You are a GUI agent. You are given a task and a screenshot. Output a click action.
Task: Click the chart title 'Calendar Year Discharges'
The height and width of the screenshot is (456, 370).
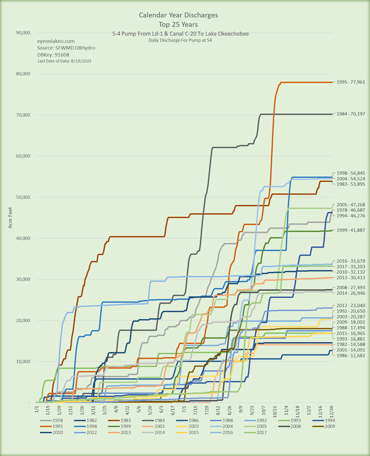click(x=178, y=15)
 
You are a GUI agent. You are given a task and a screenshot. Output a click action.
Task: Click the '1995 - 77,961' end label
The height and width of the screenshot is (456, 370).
click(x=351, y=82)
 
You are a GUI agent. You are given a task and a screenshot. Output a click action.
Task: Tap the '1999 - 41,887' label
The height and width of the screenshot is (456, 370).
click(x=351, y=230)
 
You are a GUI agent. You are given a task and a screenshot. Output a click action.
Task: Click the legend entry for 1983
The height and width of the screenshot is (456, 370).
click(x=129, y=420)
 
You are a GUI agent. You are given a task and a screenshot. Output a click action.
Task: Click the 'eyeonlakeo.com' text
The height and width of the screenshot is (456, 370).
click(x=56, y=41)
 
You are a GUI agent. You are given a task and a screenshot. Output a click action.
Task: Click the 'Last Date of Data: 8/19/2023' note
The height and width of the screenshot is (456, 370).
click(x=64, y=61)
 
